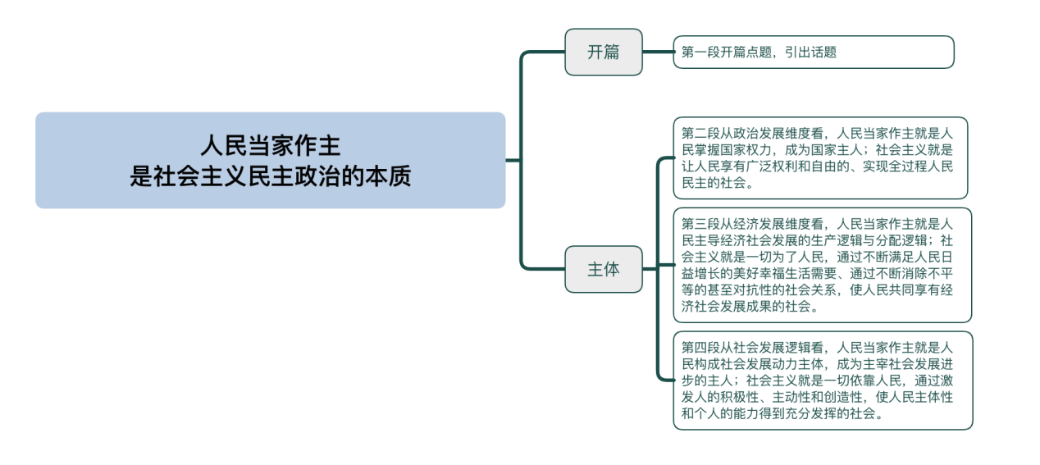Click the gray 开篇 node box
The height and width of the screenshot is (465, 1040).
[x=604, y=52]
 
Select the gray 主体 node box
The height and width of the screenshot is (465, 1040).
[x=604, y=269]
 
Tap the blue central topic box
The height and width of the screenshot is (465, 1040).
[x=270, y=160]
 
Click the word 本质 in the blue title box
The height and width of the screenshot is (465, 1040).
[x=388, y=176]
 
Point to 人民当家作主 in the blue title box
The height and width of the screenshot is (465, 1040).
[x=270, y=146]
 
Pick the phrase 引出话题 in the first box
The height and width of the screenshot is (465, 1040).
[x=810, y=52]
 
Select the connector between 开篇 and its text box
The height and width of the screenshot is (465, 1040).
[x=658, y=52]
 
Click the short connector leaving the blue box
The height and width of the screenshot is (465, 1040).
[x=513, y=160]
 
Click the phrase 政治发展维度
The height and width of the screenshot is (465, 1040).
[x=772, y=134]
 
